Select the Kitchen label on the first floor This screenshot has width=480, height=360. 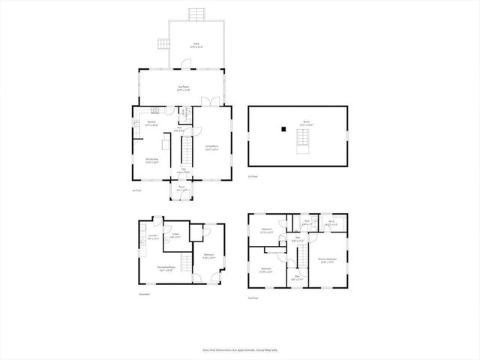point(151,123)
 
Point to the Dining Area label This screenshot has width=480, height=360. point(151,160)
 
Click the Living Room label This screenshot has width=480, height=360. point(211,148)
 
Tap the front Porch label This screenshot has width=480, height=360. point(181,188)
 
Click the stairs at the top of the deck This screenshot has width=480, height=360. point(197,14)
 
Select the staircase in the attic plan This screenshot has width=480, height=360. point(302,140)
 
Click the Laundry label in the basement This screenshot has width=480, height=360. point(152,236)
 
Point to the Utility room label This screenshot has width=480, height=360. point(175,236)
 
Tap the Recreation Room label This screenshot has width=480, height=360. point(166,268)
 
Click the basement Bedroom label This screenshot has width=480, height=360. point(209,256)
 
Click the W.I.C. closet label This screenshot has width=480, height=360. point(331,223)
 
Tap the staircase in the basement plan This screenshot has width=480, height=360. point(182,263)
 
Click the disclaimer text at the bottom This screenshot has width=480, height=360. point(240,349)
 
